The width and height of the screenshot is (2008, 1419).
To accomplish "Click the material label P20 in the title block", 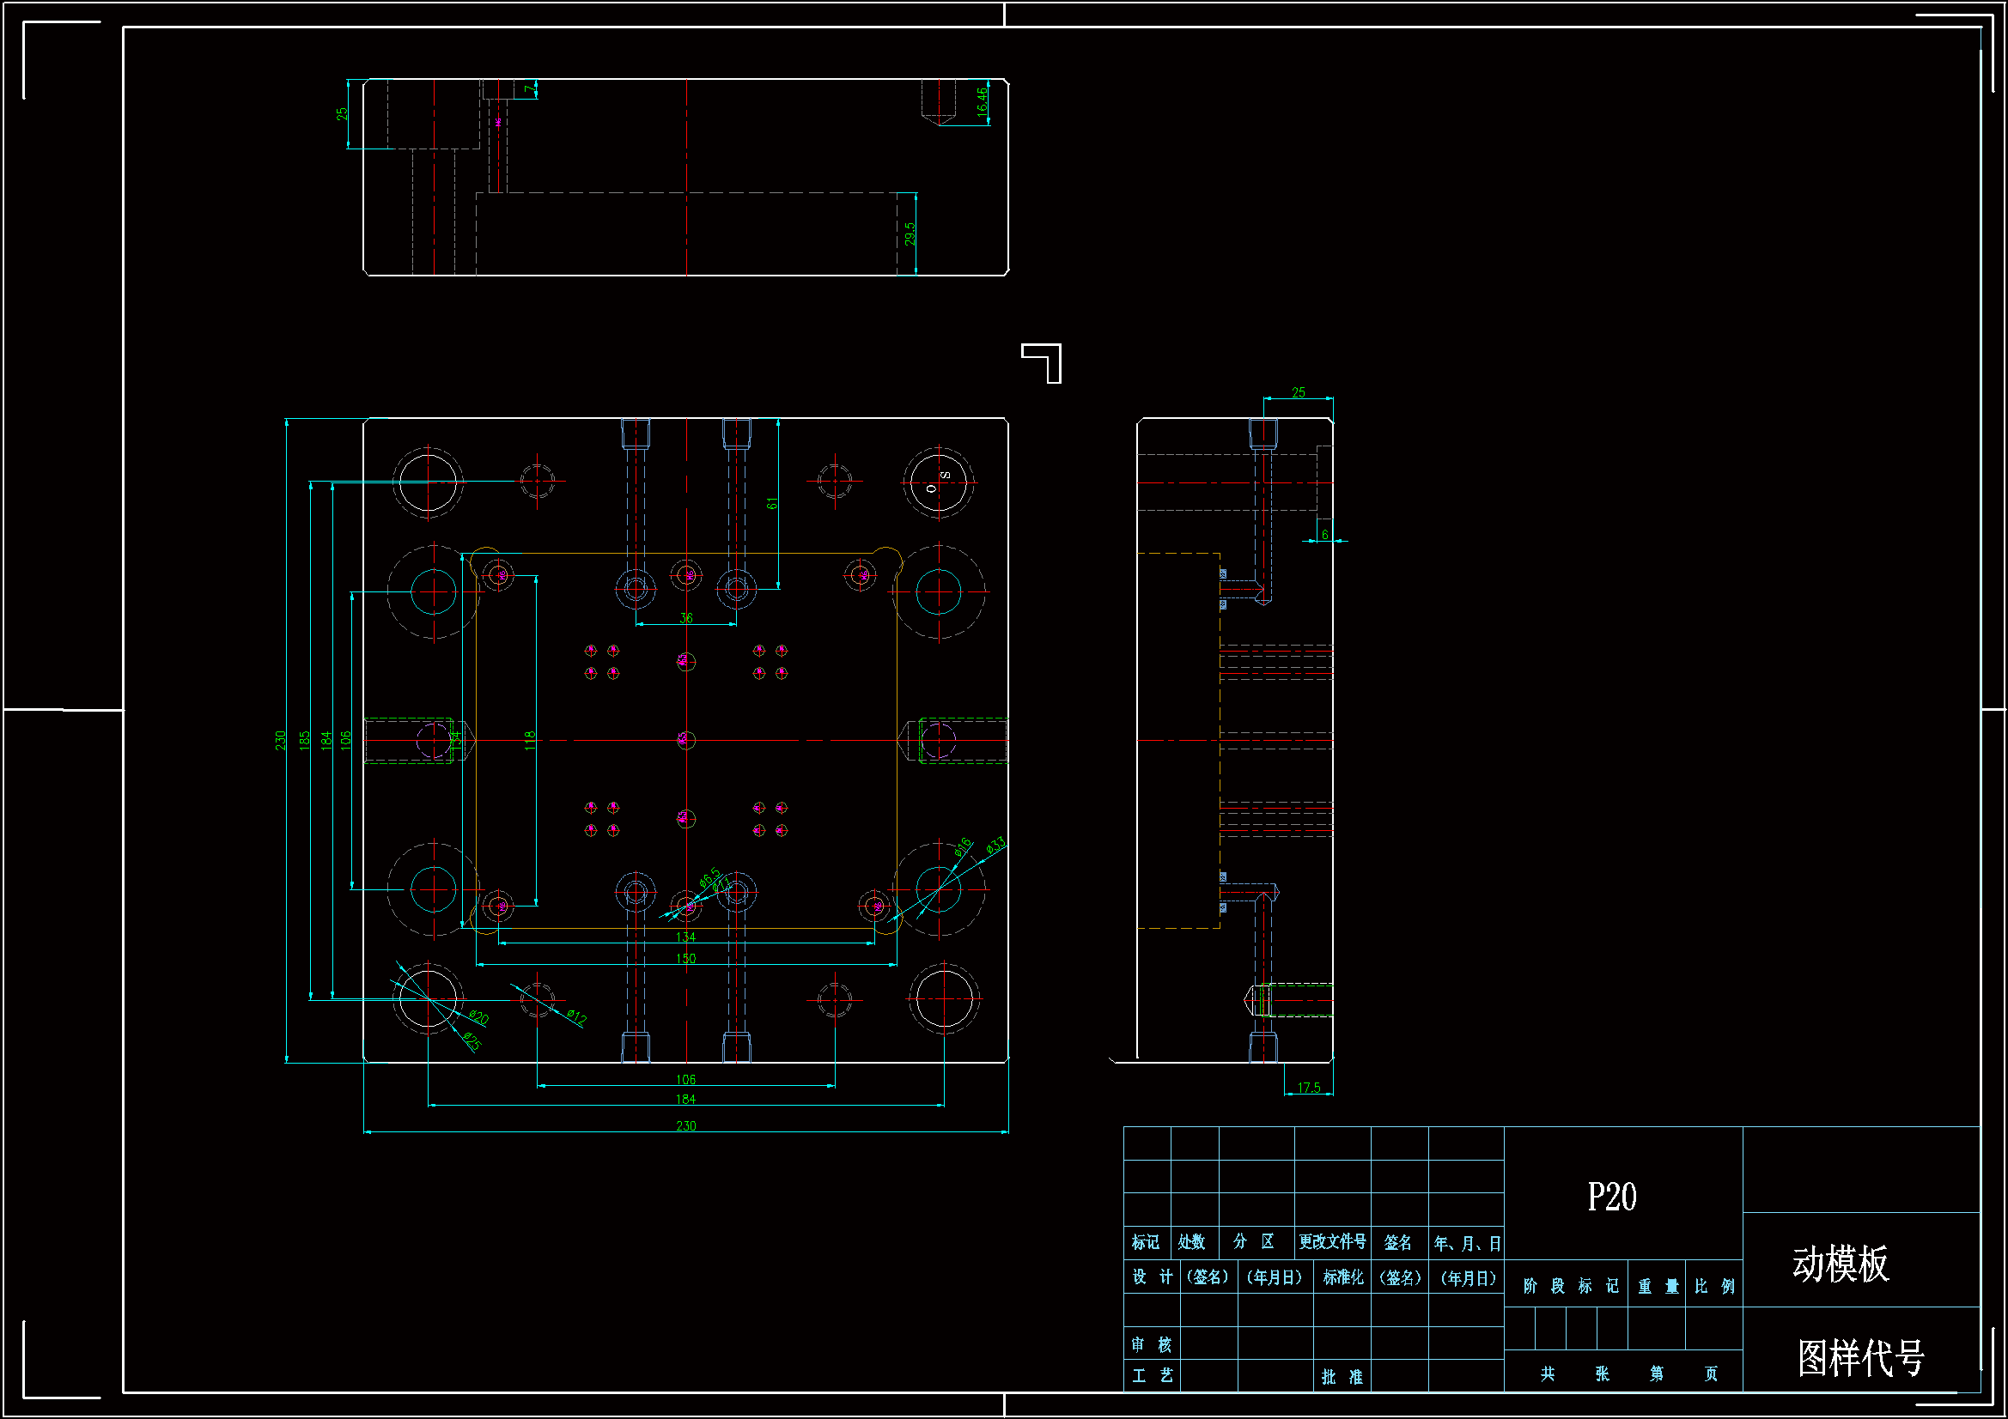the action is [x=1611, y=1197].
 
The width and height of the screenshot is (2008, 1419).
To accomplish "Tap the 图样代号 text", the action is [x=1860, y=1358].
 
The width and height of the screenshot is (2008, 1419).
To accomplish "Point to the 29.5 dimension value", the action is [x=910, y=233].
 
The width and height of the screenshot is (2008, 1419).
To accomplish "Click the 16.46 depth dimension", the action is [x=982, y=102].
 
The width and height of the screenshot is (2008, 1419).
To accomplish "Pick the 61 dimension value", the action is [x=771, y=504].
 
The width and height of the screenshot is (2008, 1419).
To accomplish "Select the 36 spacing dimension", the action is [x=685, y=618].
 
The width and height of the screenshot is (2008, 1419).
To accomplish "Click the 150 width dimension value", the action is [x=685, y=958].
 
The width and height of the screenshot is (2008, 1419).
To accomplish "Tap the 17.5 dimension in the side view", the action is [x=1308, y=1088].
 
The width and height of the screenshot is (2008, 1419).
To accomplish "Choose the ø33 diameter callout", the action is [x=995, y=846].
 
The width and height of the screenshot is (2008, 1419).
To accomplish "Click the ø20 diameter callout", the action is [x=478, y=1016].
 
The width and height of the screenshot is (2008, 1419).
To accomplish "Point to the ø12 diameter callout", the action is [x=576, y=1016].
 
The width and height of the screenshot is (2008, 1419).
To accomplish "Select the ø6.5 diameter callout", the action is [x=709, y=876].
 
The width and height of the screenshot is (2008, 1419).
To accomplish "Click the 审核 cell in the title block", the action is [x=1151, y=1344].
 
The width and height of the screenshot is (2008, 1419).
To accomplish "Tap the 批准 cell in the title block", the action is [x=1342, y=1377].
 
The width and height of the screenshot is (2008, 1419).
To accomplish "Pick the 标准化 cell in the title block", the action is [x=1342, y=1277].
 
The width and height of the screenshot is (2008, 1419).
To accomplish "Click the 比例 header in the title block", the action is [x=1713, y=1286].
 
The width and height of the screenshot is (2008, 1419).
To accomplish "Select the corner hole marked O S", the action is [x=939, y=482].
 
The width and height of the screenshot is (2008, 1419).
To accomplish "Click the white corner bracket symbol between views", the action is [x=1043, y=362].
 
